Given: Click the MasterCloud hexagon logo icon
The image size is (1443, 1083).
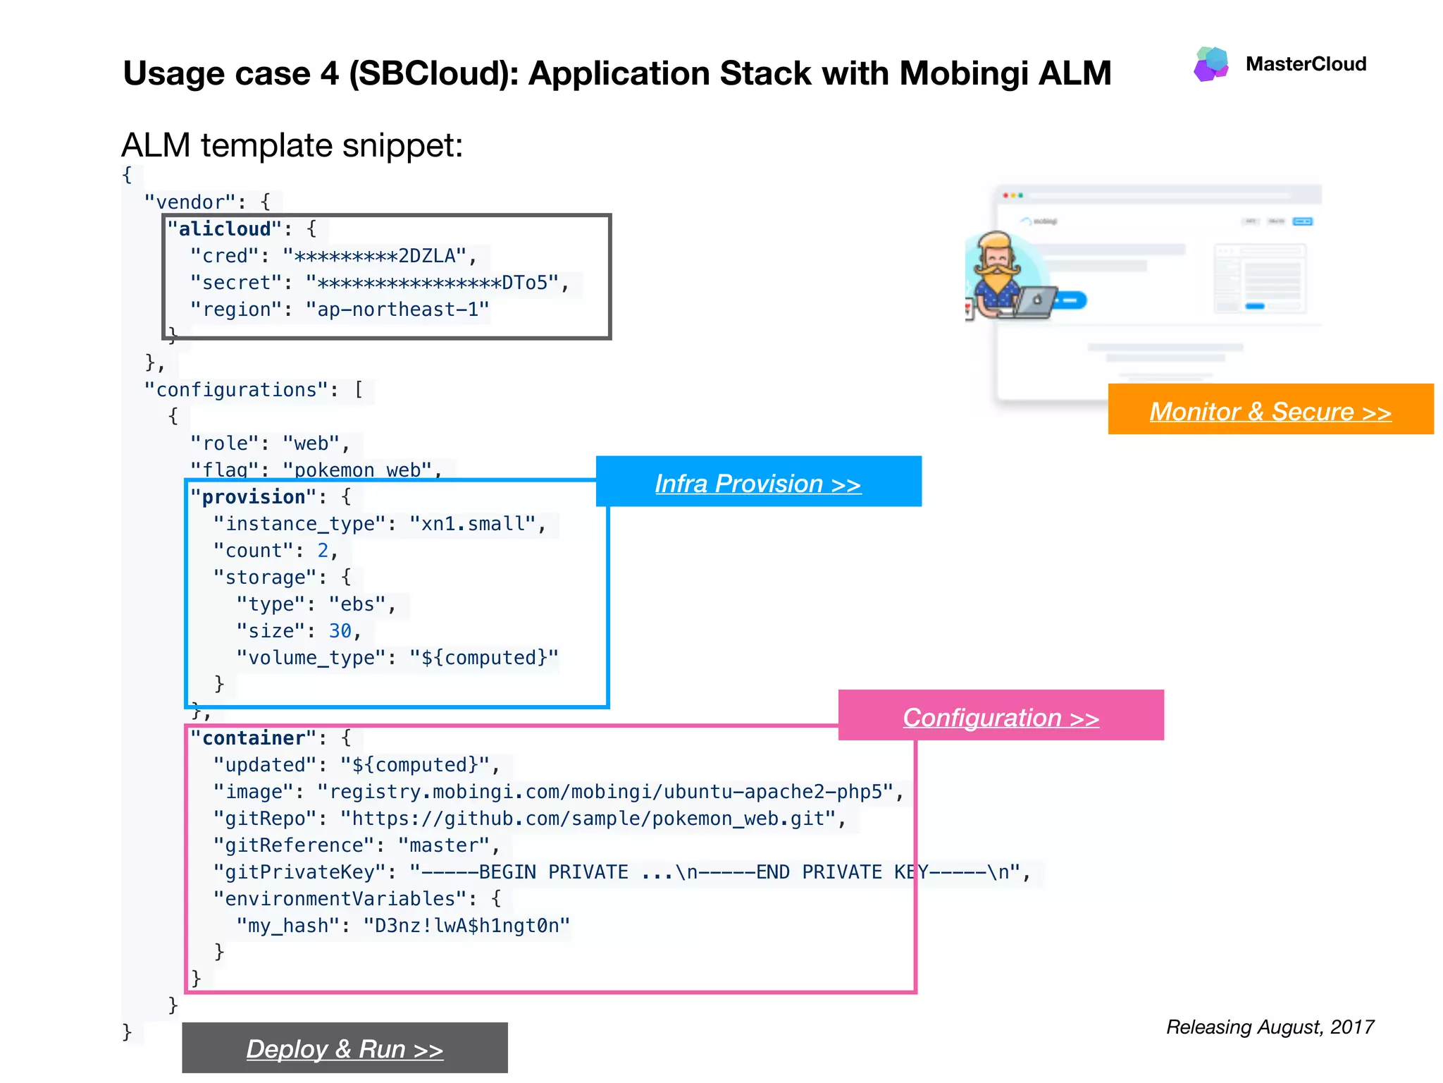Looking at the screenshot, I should tap(1211, 64).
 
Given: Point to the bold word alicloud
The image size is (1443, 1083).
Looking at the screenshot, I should tap(224, 229).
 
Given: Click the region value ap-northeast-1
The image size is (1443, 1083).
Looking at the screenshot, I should tap(397, 310).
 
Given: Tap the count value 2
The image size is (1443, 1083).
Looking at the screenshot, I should tap(323, 551).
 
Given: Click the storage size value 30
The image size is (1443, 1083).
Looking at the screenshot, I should tap(340, 631).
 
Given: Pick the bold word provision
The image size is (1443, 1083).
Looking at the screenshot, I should tap(253, 497).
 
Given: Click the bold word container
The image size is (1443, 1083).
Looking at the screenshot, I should tap(253, 738).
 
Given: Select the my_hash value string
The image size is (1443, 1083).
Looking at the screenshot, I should tap(466, 926).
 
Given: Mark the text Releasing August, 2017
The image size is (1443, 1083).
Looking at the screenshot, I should tap(1270, 1027).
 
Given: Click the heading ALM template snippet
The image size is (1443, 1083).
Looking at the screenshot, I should tap(292, 146).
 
